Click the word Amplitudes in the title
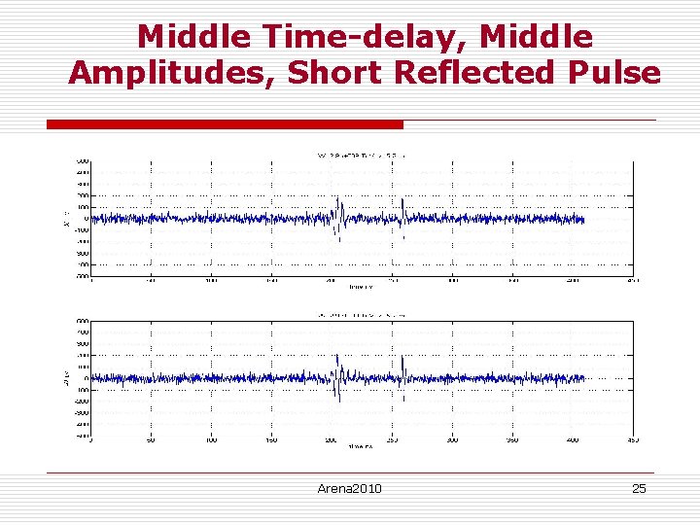[x=171, y=73]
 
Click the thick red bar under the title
[x=225, y=124]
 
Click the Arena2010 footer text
[x=349, y=488]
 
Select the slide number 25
[x=639, y=488]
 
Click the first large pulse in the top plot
[x=338, y=216]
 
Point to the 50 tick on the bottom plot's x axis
[x=151, y=440]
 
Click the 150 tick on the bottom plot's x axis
[x=271, y=440]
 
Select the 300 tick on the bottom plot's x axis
[x=452, y=440]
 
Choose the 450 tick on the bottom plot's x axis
[x=632, y=440]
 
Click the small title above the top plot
[x=362, y=155]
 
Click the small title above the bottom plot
[x=362, y=315]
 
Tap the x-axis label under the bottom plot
[x=362, y=447]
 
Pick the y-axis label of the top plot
[x=66, y=218]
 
